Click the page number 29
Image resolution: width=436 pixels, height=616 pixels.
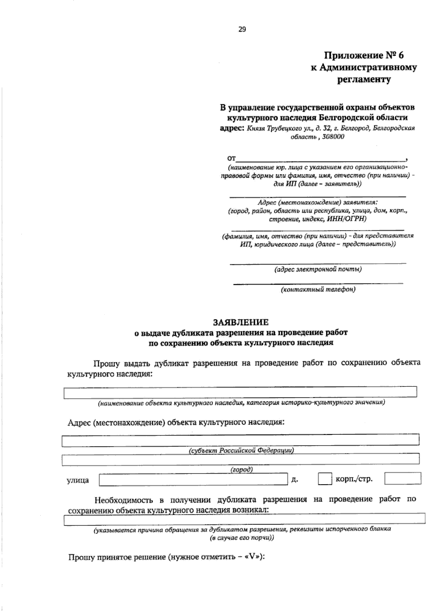click(242, 30)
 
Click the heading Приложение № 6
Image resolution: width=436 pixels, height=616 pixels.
click(364, 55)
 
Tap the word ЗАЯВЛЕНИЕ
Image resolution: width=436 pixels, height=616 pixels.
click(241, 322)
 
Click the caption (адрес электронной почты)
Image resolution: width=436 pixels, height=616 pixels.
click(318, 269)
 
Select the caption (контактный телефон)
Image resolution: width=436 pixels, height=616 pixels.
click(318, 289)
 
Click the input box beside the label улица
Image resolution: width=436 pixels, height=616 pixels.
click(193, 480)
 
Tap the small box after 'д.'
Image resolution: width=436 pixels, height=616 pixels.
click(325, 479)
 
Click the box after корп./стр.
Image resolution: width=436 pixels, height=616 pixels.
click(403, 478)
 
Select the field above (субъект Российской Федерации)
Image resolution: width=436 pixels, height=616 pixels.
click(241, 440)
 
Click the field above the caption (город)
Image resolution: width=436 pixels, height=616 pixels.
click(241, 460)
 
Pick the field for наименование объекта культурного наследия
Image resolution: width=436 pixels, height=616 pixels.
click(240, 392)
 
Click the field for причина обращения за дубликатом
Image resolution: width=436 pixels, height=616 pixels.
click(244, 519)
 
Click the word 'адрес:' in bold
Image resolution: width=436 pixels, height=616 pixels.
click(232, 128)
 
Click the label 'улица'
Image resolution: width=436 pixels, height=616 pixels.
click(78, 480)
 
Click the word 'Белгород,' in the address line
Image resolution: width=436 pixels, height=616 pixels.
click(355, 128)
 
